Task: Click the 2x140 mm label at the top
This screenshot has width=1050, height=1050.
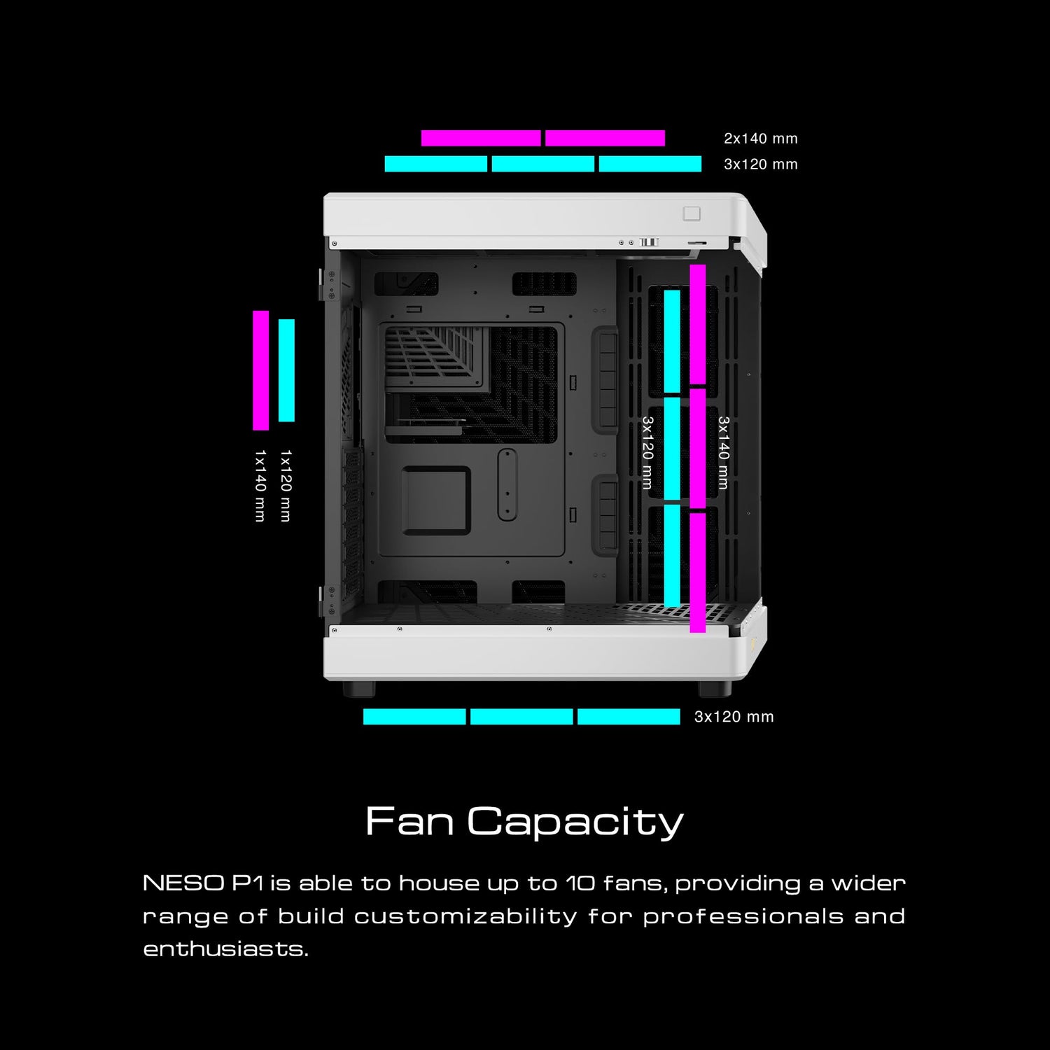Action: coord(760,139)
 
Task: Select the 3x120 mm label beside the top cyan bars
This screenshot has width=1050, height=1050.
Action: coord(760,164)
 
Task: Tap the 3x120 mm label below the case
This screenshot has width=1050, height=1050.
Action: coord(734,717)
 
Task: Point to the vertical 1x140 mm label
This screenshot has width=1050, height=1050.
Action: coord(260,486)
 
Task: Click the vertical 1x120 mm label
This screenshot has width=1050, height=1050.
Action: coord(286,486)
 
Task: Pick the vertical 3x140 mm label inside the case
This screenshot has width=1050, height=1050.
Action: coord(723,453)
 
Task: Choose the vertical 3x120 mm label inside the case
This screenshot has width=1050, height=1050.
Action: coord(647,453)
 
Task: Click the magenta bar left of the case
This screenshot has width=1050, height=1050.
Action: coord(260,370)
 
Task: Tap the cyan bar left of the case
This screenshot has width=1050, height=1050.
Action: coord(286,370)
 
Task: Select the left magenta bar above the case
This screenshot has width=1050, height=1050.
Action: coord(481,138)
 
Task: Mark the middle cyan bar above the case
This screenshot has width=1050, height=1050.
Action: coord(543,164)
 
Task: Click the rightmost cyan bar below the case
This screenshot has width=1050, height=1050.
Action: coord(629,716)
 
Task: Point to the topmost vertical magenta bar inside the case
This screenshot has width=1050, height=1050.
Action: coord(698,325)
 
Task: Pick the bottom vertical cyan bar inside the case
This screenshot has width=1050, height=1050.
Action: coord(672,554)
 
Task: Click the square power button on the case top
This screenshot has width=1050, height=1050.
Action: coord(692,213)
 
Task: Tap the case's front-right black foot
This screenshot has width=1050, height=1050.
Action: coord(715,688)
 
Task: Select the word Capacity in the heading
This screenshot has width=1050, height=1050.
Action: coord(575,822)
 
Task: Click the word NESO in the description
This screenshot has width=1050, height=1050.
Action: coord(183,883)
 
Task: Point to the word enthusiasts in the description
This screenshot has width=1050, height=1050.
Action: coord(225,949)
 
